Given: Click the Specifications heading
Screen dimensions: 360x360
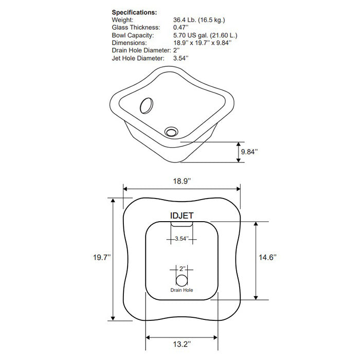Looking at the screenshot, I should pos(135,12).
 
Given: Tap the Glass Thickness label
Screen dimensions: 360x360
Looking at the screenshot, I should pos(136,27).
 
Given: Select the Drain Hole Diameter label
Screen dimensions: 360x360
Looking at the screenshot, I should pos(141,50).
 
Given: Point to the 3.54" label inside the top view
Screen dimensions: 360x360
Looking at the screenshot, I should pos(181,239).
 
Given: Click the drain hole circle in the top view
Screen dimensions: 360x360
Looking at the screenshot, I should pos(182,281).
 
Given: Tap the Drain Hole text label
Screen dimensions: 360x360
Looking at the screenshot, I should pos(182,291).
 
